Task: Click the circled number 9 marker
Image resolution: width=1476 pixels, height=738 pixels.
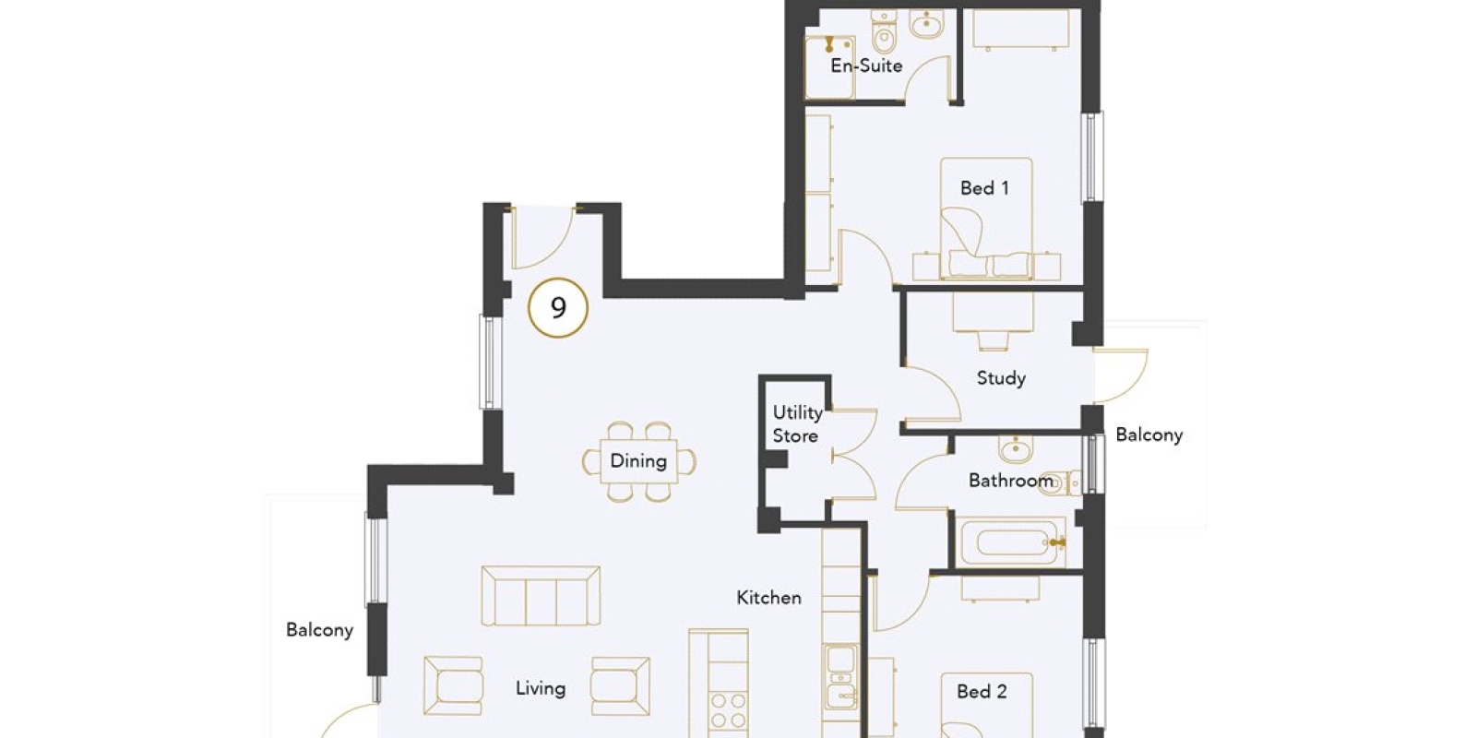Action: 558,308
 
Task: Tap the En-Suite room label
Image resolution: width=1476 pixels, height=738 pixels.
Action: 866,65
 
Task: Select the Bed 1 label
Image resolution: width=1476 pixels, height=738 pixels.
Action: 984,188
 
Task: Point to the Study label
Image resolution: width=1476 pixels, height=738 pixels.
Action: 1001,378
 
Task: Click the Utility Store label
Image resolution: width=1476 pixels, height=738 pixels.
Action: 797,424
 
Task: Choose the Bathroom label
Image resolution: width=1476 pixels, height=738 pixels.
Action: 1011,481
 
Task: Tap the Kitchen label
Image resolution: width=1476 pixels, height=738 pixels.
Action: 769,598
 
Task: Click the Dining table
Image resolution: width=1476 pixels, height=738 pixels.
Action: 638,461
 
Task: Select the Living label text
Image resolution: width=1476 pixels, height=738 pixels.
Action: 541,688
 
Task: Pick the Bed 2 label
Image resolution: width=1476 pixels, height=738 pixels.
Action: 982,691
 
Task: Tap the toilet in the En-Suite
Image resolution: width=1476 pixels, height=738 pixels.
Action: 884,31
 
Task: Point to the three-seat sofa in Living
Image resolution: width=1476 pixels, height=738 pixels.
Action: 541,596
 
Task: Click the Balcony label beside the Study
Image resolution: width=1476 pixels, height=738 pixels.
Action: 1149,434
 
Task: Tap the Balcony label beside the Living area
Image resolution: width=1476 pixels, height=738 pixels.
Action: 319,630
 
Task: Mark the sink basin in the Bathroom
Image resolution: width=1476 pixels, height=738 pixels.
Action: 1016,448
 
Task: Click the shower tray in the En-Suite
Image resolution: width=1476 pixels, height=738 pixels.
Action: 830,66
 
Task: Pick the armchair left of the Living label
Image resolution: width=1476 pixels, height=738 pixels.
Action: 453,685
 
